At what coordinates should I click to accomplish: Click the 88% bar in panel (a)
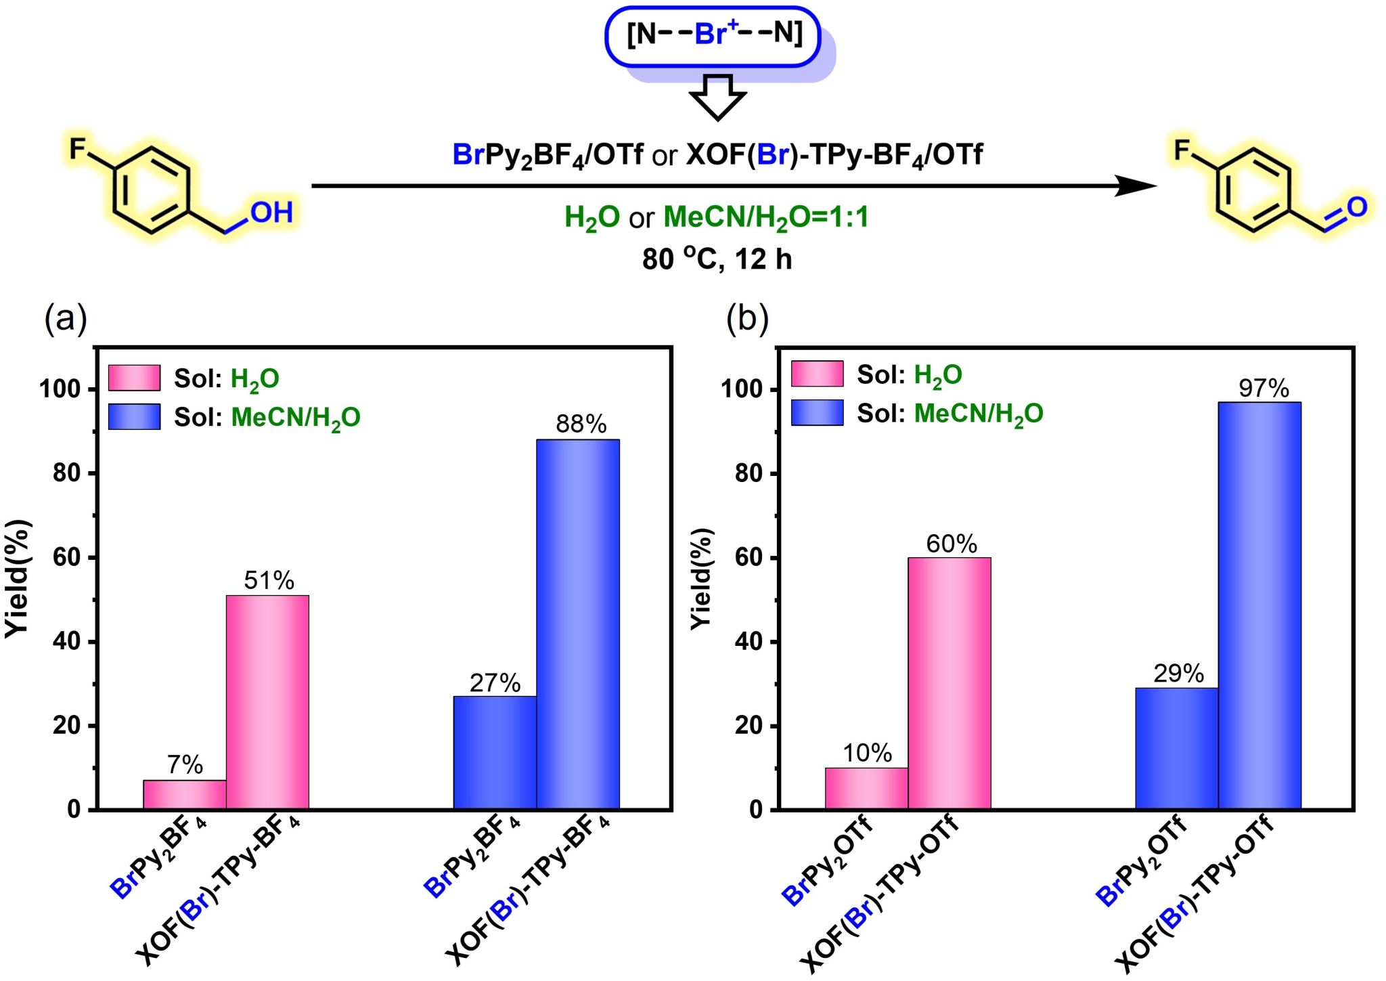pos(577,623)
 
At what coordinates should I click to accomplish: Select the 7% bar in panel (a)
pos(184,794)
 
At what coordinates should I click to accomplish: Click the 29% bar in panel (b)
pos(1176,747)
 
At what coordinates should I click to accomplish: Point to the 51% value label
pos(269,580)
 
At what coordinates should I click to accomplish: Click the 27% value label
pos(495,682)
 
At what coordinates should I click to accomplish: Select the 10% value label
pos(867,753)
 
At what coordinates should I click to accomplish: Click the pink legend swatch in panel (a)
pos(134,378)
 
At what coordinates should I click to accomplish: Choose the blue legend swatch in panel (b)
pos(817,412)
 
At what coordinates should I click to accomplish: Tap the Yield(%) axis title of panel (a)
pos(18,578)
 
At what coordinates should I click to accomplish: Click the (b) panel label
pos(746,318)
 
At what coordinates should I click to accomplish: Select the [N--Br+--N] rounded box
pos(713,37)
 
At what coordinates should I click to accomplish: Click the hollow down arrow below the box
pos(717,97)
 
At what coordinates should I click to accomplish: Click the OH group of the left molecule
pos(271,213)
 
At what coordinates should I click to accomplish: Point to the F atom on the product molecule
pos(1182,150)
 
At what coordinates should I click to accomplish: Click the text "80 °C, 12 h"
pos(717,259)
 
